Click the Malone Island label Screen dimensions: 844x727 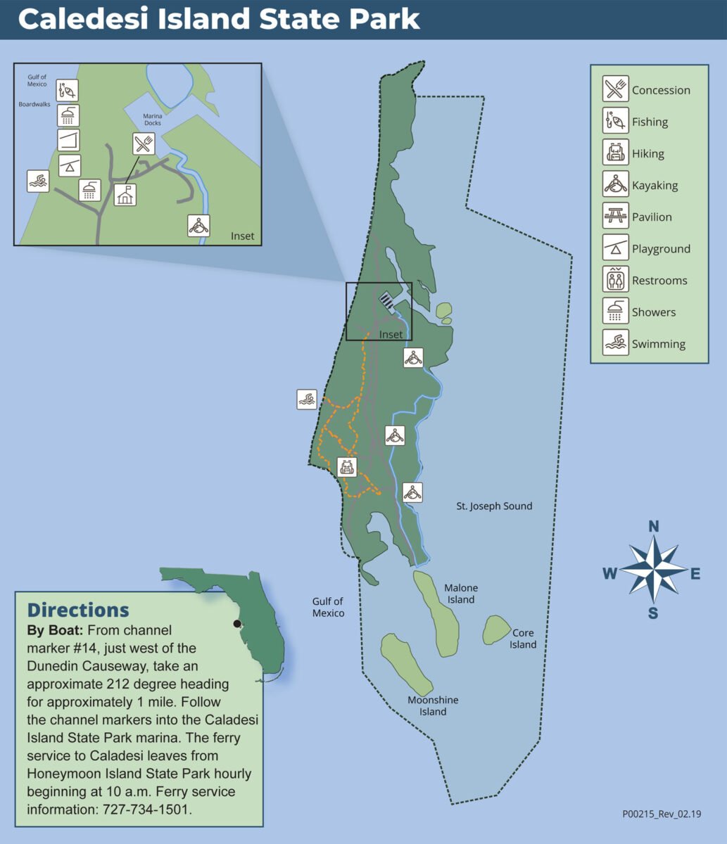click(x=461, y=594)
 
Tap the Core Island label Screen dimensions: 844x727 click(x=523, y=639)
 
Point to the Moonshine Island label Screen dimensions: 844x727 click(x=433, y=705)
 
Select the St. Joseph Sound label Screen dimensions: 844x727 click(x=494, y=506)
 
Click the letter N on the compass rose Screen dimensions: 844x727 click(x=653, y=526)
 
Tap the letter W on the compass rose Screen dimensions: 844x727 click(x=609, y=574)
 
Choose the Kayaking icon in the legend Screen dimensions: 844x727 click(x=616, y=185)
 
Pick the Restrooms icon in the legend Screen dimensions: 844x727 click(x=616, y=280)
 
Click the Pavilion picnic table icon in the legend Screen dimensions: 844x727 click(x=616, y=217)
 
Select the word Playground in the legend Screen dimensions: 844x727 click(x=661, y=249)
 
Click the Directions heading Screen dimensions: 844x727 click(x=78, y=609)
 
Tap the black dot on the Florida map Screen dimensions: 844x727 click(x=237, y=623)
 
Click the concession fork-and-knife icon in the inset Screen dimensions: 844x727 click(x=144, y=144)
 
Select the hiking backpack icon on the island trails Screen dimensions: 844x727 click(x=347, y=466)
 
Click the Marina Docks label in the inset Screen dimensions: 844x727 click(x=153, y=120)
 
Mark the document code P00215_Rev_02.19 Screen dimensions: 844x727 click(x=664, y=814)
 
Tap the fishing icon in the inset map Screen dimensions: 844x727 click(x=68, y=90)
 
